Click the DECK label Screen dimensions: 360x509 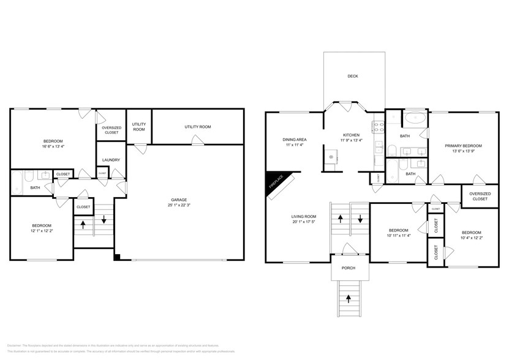tap(352, 77)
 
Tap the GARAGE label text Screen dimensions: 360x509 tap(179, 200)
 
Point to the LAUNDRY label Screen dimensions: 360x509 tap(111, 160)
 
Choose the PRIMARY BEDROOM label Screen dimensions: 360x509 tap(463, 146)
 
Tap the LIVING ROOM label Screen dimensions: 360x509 tap(303, 216)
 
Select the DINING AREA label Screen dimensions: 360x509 tap(295, 140)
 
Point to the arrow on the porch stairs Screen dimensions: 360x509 tap(349, 299)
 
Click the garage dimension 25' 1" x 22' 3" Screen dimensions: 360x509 tap(179, 206)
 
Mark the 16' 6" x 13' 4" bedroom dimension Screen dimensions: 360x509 tap(53, 146)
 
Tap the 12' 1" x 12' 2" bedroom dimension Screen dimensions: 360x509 tap(42, 231)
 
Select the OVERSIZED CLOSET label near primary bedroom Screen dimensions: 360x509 tap(479, 196)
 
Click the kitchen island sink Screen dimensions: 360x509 tap(331, 158)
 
